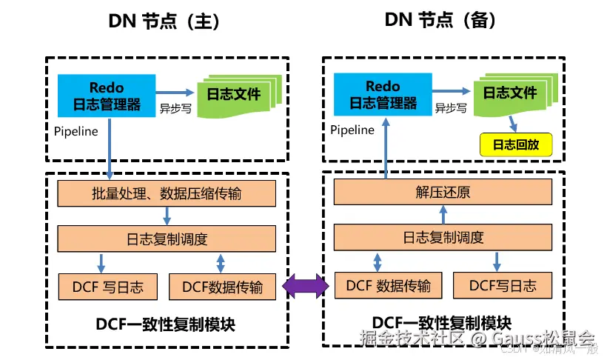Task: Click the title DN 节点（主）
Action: [x=164, y=21]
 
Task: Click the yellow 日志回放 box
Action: [x=517, y=144]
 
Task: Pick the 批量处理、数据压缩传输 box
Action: [x=167, y=195]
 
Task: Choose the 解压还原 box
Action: [x=443, y=193]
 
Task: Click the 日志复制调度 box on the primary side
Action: [x=167, y=239]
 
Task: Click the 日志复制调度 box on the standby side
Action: [x=443, y=238]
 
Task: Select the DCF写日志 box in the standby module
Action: [x=502, y=285]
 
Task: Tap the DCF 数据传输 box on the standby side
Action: [x=383, y=285]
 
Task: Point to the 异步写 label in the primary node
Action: [x=175, y=107]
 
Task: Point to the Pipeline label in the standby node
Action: [x=352, y=130]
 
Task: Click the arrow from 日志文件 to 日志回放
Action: [x=512, y=124]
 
